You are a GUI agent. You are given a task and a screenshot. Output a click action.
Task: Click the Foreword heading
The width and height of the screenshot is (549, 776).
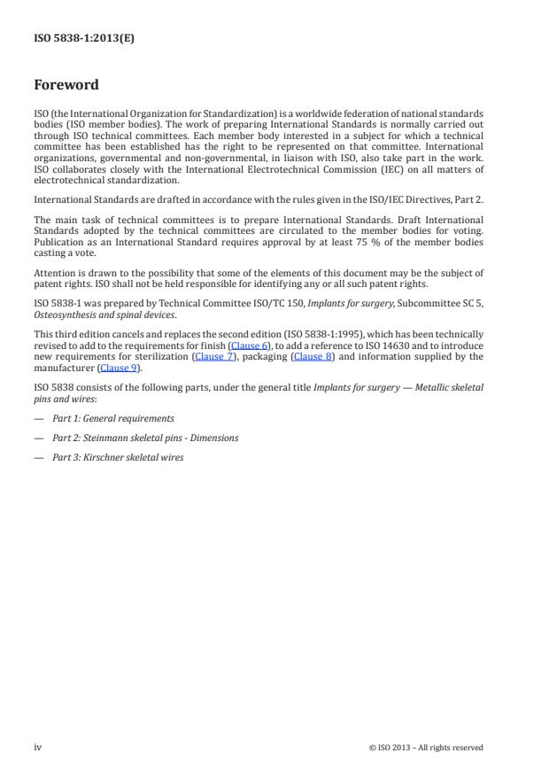pos(66,85)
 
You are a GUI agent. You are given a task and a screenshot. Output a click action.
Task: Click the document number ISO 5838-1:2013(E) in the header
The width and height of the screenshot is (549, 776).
pos(84,38)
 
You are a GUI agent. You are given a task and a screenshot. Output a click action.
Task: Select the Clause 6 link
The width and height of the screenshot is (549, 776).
pos(248,345)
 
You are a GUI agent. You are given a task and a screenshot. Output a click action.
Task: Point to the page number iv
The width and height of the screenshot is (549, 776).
pos(38,747)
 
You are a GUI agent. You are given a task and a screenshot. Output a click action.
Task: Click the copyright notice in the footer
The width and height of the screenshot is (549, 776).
pos(426,748)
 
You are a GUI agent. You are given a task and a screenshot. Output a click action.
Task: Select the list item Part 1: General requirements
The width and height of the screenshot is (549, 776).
pos(112,418)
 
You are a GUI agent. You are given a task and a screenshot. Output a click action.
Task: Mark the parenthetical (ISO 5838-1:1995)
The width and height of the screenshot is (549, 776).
pos(293,334)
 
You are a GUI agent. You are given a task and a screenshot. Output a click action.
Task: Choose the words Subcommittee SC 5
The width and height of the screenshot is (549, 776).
pos(442,303)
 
